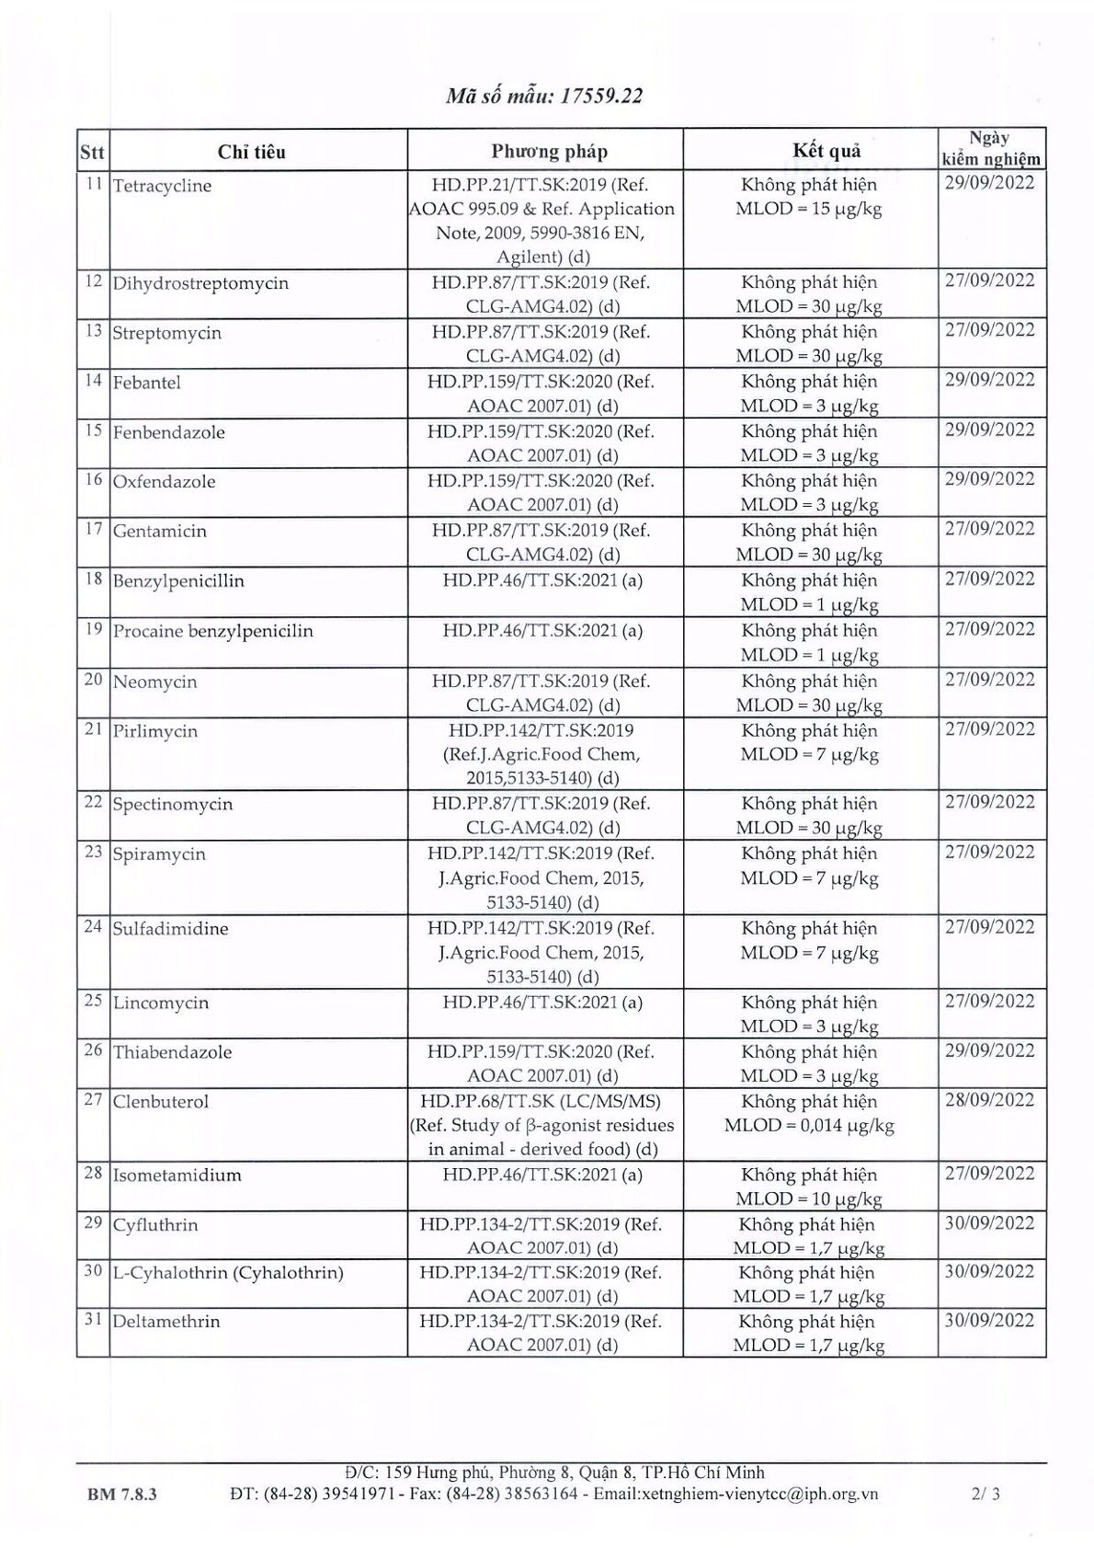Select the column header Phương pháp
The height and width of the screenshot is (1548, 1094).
coord(549,152)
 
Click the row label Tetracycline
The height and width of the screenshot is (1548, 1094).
coord(162,186)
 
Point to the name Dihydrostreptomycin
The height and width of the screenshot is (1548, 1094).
coord(200,283)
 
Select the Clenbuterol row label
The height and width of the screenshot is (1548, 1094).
coord(161,1102)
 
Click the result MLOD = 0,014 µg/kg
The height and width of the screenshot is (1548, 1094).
coord(809,1125)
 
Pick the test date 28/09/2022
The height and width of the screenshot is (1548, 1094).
coord(989,1100)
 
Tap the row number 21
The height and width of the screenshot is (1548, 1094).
coord(93,729)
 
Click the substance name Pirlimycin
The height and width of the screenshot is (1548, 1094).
coord(155,731)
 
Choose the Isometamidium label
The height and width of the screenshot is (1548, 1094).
coord(177,1175)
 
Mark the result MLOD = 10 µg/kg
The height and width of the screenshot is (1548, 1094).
coord(809,1199)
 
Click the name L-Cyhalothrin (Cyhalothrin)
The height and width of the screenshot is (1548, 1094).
coord(228,1273)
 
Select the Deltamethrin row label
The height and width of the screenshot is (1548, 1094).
coord(166,1322)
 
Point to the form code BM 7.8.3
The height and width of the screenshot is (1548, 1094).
coord(116,1495)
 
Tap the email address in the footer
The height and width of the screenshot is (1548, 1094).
coord(735,1494)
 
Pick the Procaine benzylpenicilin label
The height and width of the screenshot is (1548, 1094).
coord(212,632)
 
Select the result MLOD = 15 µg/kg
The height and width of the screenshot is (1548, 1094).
coord(809,209)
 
